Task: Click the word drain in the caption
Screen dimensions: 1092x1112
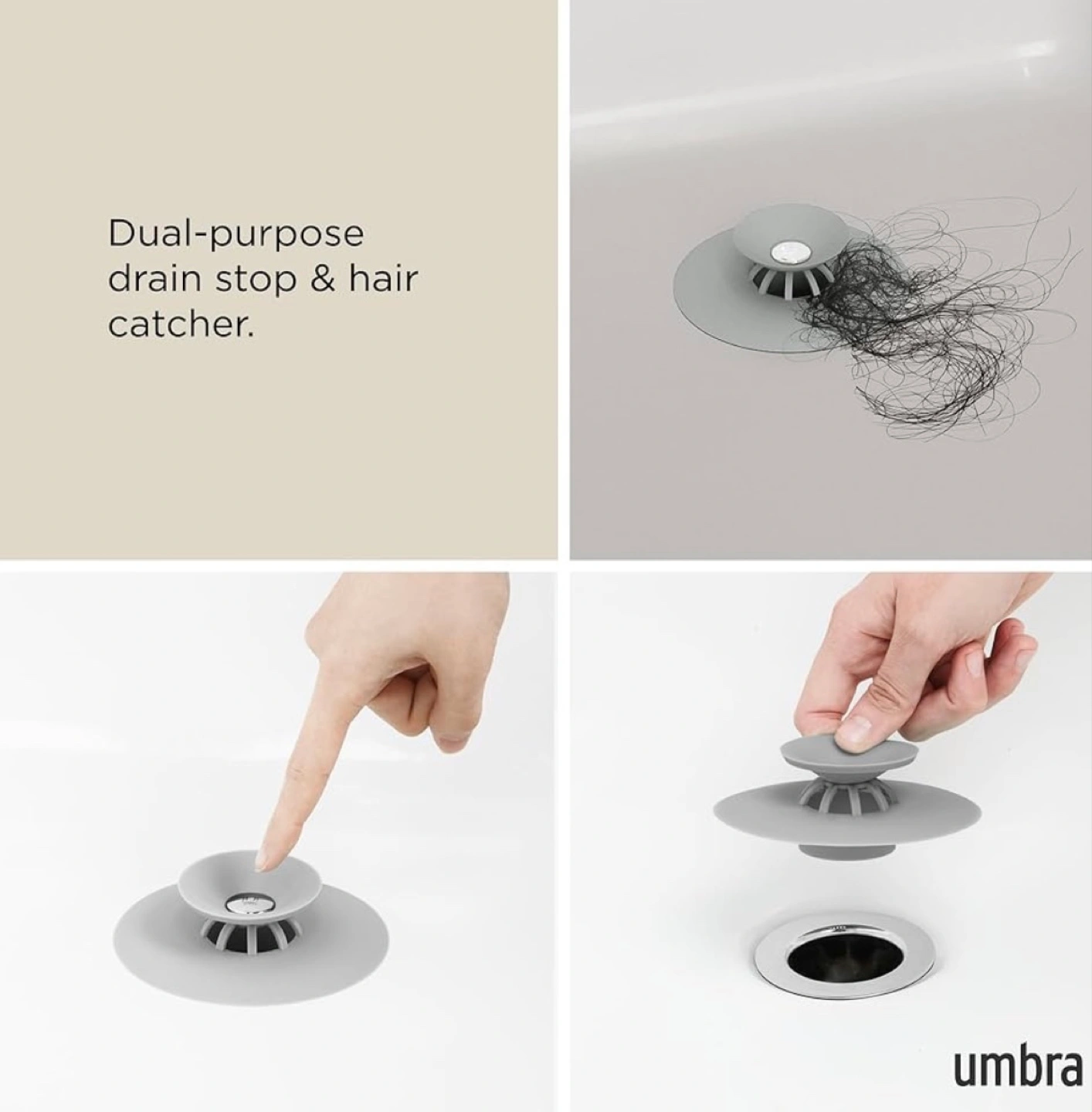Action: (x=154, y=278)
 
